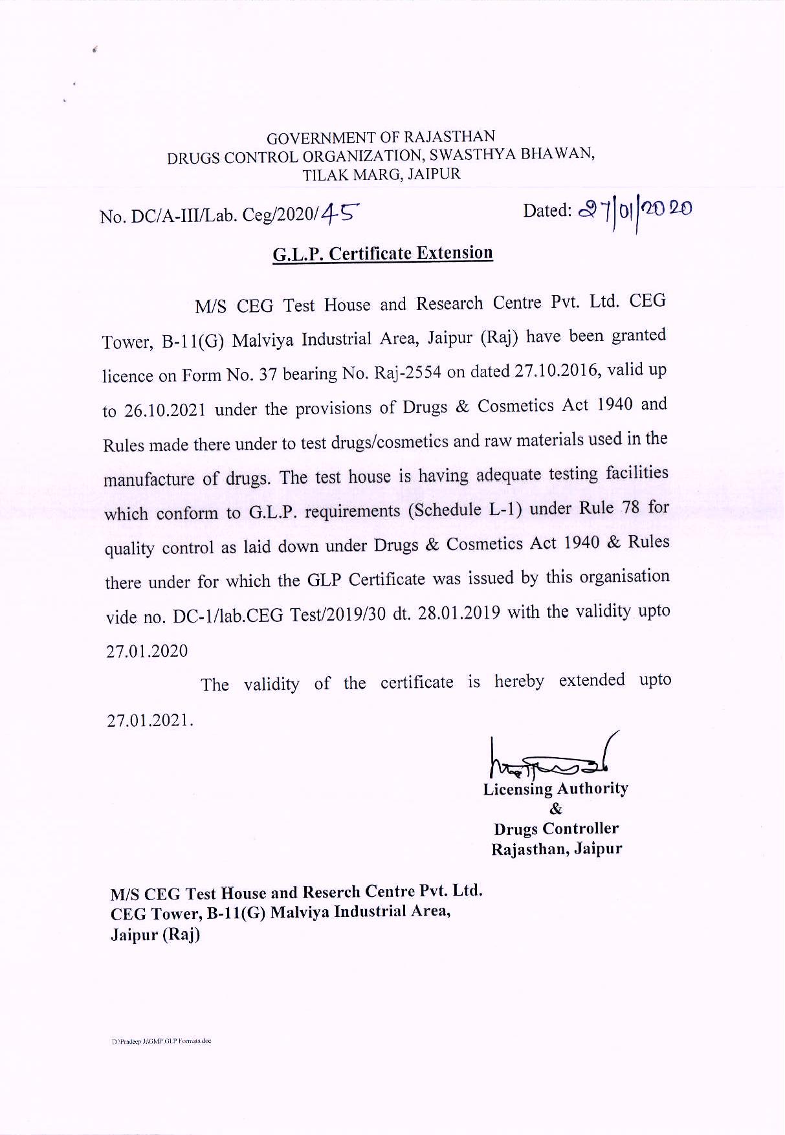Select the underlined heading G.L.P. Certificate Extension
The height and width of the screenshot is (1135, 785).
click(x=382, y=253)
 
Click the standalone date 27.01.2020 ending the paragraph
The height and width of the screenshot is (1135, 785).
click(x=147, y=651)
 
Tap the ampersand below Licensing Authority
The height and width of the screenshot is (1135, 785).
click(x=555, y=809)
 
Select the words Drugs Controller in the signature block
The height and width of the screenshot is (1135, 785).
click(x=556, y=829)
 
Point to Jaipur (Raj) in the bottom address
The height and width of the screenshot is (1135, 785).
click(x=155, y=935)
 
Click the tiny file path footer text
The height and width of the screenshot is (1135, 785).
click(x=161, y=1041)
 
